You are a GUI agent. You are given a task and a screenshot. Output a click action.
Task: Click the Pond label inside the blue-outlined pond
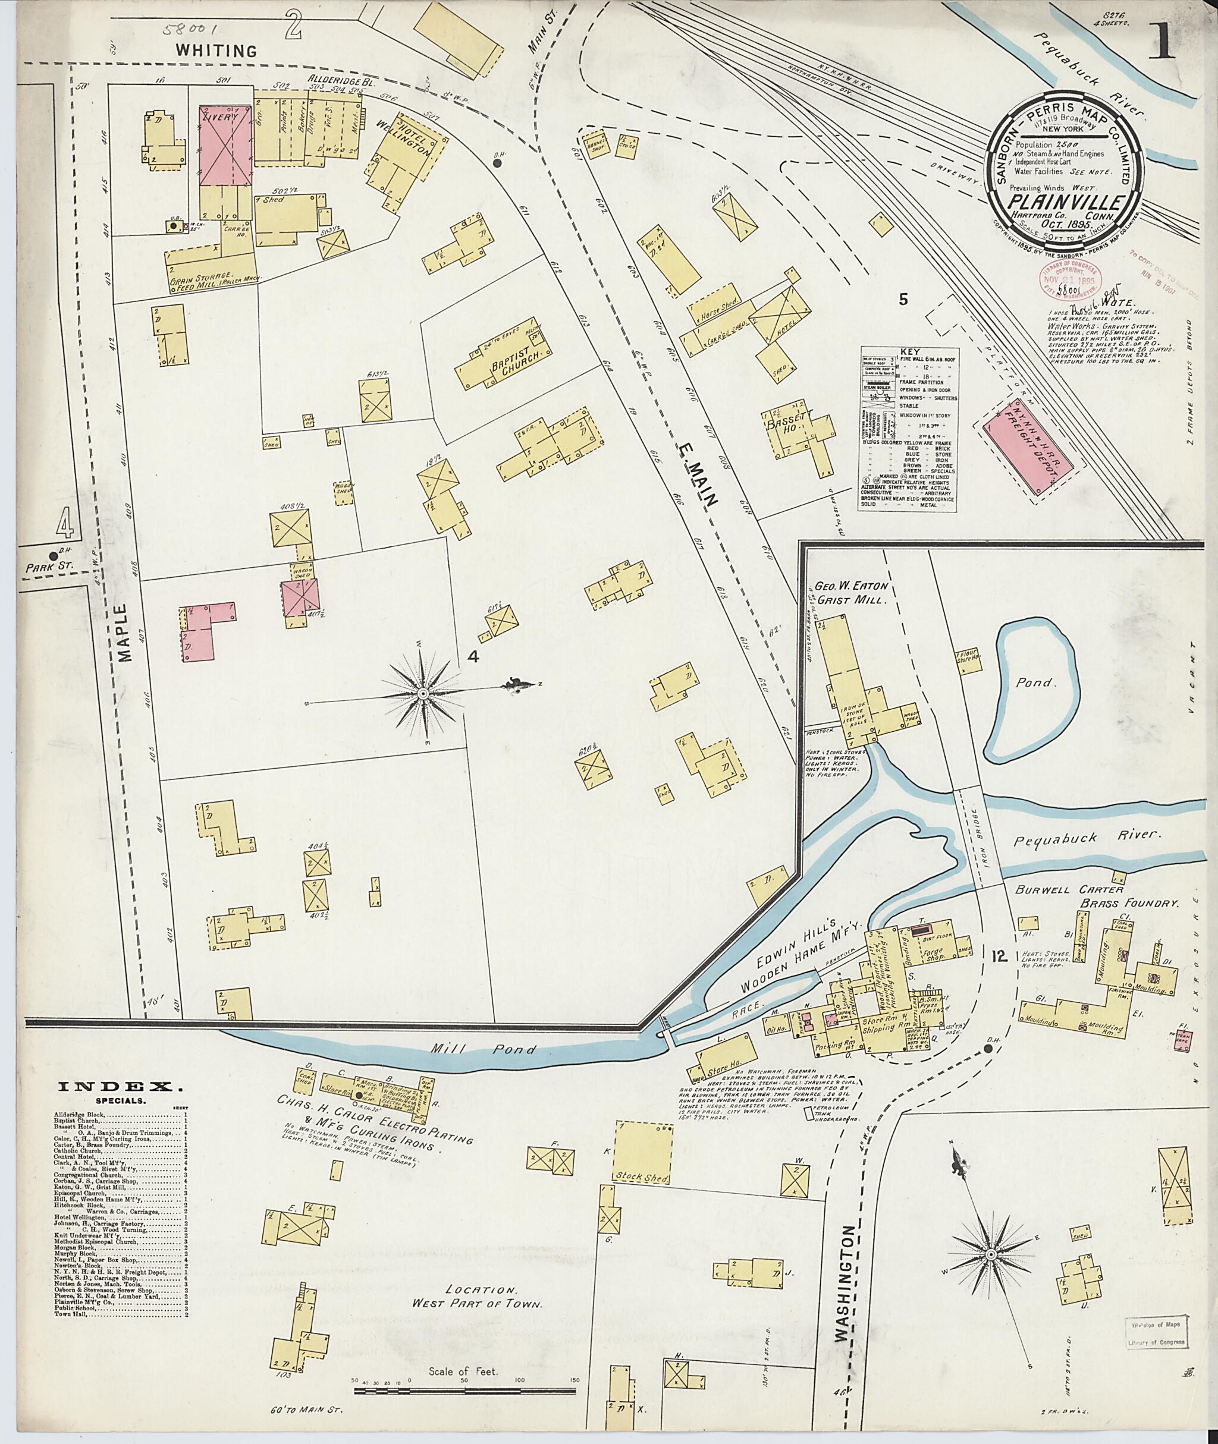point(1035,682)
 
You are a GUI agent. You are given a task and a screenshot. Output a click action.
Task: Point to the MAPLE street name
point(124,633)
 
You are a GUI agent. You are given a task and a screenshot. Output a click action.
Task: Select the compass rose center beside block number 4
point(422,693)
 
